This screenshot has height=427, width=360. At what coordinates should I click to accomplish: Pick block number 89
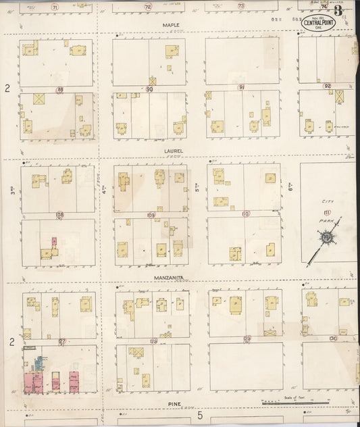[x=59, y=89]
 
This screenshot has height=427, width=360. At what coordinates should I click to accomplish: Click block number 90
[x=149, y=89]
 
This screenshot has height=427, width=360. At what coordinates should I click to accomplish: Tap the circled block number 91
[x=241, y=87]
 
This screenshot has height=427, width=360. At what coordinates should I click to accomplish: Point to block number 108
[x=59, y=216]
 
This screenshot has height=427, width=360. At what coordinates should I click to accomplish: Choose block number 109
[x=150, y=215]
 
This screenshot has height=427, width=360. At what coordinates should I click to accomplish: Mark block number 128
[x=153, y=341]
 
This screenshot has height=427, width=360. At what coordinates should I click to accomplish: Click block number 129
[x=247, y=338]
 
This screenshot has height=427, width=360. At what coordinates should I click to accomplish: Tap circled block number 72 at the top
[x=147, y=6]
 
